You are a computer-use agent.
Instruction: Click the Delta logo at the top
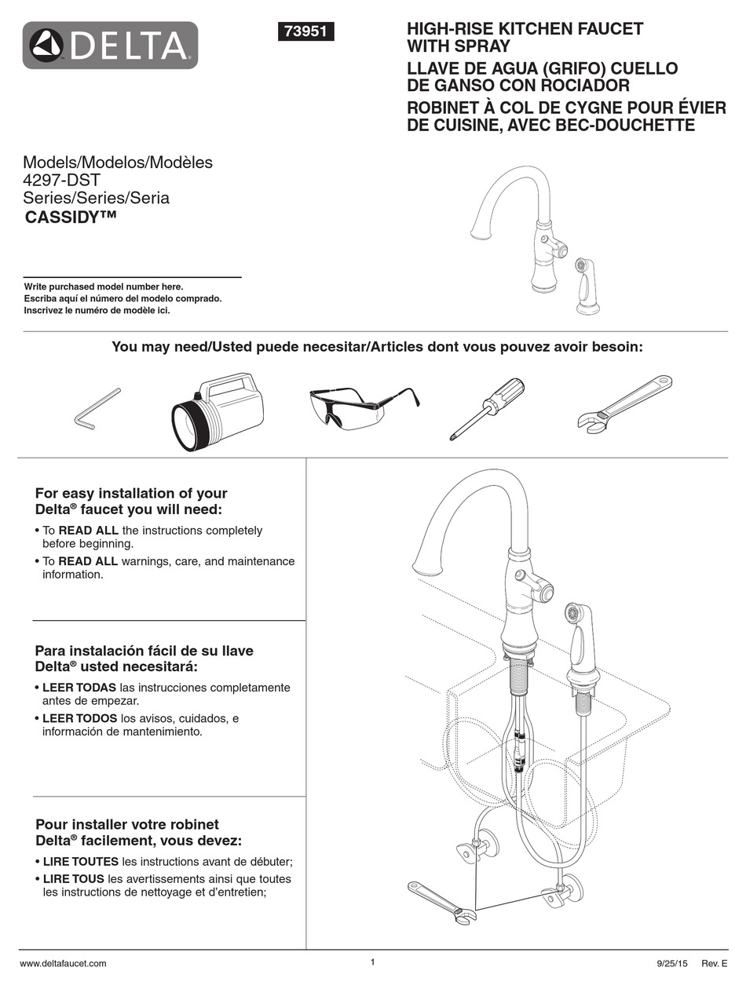click(x=110, y=46)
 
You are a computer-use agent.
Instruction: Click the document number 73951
click(x=306, y=31)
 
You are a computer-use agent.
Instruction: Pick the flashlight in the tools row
click(x=218, y=411)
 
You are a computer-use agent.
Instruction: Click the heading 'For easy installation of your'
click(x=131, y=494)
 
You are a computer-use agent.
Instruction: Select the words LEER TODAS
click(x=78, y=688)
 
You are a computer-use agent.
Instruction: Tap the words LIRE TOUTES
click(x=80, y=861)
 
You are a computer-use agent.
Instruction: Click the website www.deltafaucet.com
click(x=63, y=963)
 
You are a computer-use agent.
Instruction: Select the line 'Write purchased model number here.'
click(x=104, y=286)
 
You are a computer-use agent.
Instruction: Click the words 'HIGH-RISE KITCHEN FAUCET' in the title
click(x=525, y=29)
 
